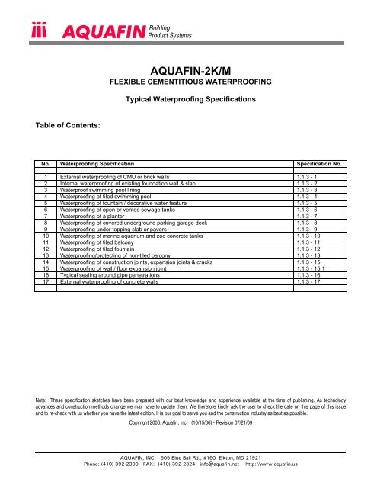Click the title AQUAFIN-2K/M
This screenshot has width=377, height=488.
pyautogui.click(x=187, y=68)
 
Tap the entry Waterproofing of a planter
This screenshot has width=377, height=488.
pyautogui.click(x=98, y=218)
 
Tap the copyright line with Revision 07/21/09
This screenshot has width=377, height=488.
pyautogui.click(x=187, y=422)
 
